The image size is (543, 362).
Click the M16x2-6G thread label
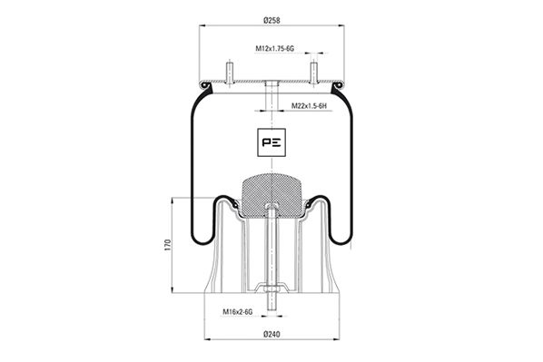click(239, 311)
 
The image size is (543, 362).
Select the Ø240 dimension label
click(271, 334)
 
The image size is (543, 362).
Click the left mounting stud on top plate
click(231, 73)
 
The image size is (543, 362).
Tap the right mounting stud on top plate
click(313, 73)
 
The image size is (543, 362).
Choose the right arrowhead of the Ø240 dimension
click(337, 340)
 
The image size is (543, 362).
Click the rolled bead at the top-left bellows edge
click(203, 86)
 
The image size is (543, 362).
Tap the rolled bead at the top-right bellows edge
click(341, 86)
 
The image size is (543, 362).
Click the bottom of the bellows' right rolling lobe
click(337, 243)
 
